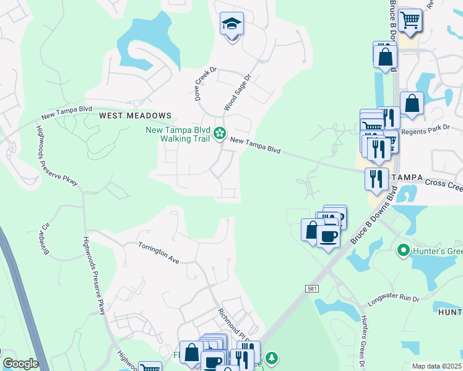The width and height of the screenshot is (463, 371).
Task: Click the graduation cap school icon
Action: pos(232,25)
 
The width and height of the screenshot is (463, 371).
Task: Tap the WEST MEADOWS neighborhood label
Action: pos(135,116)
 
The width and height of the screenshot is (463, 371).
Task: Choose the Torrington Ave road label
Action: pos(158,253)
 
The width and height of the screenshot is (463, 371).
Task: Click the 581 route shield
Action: pos(312,289)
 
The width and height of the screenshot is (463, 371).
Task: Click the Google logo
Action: pos(20,364)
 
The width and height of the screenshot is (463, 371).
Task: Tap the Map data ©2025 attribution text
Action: pos(436,366)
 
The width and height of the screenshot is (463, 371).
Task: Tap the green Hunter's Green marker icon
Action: pos(404,250)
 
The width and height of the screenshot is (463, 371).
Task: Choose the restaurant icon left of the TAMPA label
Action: pos(376,179)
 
